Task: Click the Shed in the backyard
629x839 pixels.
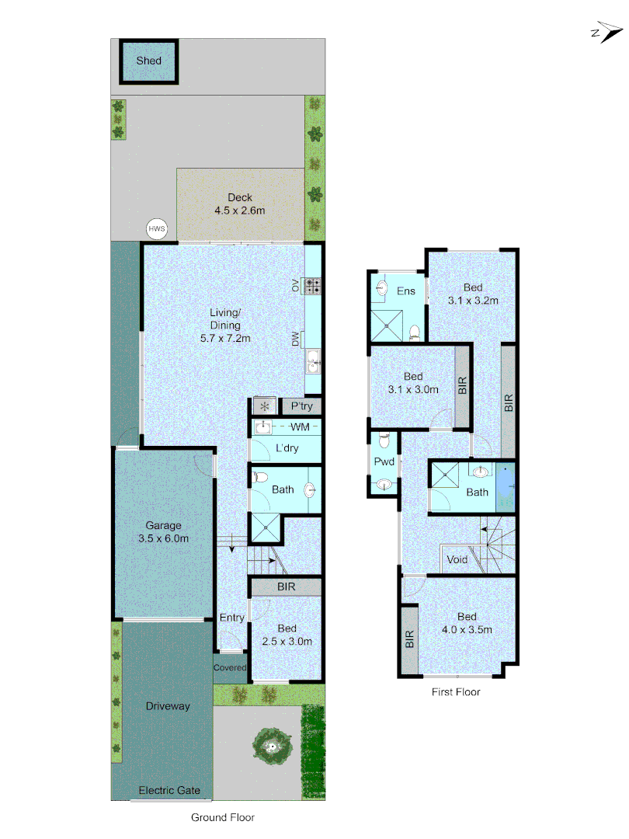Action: [x=148, y=61]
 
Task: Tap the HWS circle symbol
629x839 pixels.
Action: [x=158, y=229]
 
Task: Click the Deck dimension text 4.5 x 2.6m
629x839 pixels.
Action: [x=240, y=211]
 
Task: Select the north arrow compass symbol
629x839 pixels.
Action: [x=606, y=33]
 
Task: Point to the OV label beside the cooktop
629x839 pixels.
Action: [x=296, y=286]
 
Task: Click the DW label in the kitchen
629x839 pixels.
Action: [x=296, y=339]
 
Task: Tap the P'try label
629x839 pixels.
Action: [x=301, y=406]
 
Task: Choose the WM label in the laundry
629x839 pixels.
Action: [x=299, y=427]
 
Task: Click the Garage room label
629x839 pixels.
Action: [x=162, y=526]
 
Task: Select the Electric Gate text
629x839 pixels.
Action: [x=169, y=791]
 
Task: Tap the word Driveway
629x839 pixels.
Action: [x=168, y=706]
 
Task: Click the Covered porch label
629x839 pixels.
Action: [x=230, y=667]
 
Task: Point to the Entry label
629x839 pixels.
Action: [x=231, y=618]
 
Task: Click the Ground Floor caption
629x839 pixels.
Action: [x=223, y=817]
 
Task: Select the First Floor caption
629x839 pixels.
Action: [x=456, y=691]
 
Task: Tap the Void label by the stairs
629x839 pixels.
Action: [x=457, y=559]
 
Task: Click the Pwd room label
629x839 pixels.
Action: [x=384, y=462]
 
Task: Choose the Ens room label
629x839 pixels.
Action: [x=406, y=291]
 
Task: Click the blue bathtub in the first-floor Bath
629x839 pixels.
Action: [x=506, y=487]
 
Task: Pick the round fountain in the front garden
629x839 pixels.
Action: [x=272, y=747]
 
